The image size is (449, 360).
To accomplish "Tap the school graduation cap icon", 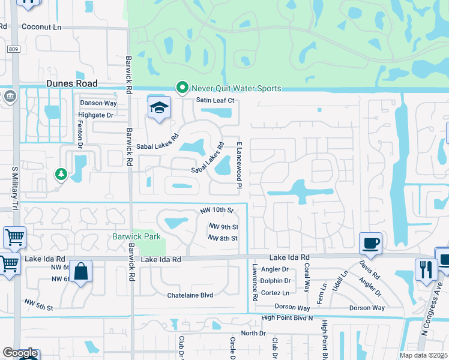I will pyautogui.click(x=158, y=108).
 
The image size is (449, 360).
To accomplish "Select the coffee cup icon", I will pyautogui.click(x=370, y=243).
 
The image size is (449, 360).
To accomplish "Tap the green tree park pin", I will pyautogui.click(x=61, y=174).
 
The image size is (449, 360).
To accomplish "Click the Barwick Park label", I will pyautogui.click(x=136, y=236).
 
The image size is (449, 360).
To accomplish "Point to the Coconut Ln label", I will pyautogui.click(x=42, y=27).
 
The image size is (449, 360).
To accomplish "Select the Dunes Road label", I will pyautogui.click(x=72, y=85).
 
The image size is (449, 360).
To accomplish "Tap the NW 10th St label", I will pyautogui.click(x=216, y=211).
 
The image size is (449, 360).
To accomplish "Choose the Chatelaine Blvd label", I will pyautogui.click(x=190, y=295).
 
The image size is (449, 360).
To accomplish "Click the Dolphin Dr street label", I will pyautogui.click(x=276, y=281).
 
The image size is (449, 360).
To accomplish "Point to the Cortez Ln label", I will pyautogui.click(x=276, y=292).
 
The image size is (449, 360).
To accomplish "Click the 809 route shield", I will pyautogui.click(x=14, y=49).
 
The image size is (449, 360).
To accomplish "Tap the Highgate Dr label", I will pyautogui.click(x=97, y=115).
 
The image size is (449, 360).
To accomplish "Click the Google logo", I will pyautogui.click(x=20, y=353).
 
